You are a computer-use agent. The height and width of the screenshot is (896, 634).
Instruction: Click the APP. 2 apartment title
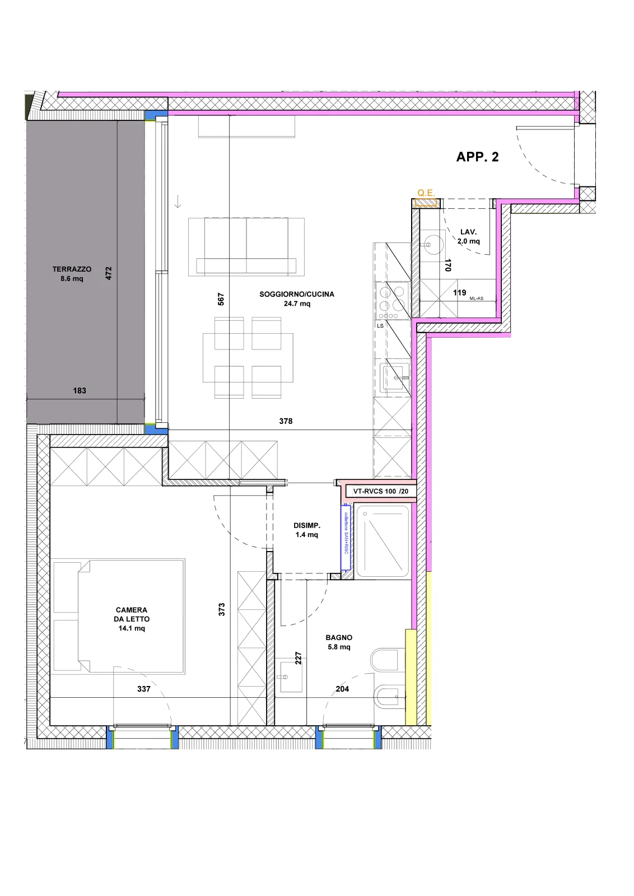pyautogui.click(x=477, y=157)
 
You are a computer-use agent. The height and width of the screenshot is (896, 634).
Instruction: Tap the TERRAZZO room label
pyautogui.click(x=72, y=269)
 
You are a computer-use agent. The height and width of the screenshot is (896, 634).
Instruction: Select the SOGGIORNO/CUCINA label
pyautogui.click(x=297, y=294)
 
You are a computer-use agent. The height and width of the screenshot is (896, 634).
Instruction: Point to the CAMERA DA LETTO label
pyautogui.click(x=132, y=614)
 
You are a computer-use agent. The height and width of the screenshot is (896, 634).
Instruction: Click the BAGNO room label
pyautogui.click(x=339, y=638)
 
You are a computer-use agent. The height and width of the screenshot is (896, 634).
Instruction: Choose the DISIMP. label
pyautogui.click(x=307, y=526)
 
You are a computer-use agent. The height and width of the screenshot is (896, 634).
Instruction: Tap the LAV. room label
pyautogui.click(x=468, y=232)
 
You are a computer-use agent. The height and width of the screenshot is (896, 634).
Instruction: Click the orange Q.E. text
pyautogui.click(x=426, y=193)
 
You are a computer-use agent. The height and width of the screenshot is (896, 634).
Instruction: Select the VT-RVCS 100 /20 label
pyautogui.click(x=380, y=491)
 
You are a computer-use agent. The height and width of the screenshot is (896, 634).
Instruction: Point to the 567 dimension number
pyautogui.click(x=221, y=299)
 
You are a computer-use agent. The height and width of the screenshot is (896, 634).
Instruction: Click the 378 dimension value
pyautogui.click(x=286, y=421)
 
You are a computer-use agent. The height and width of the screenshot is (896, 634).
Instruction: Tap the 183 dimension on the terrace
pyautogui.click(x=79, y=390)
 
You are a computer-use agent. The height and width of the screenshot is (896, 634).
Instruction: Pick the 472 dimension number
pyautogui.click(x=109, y=273)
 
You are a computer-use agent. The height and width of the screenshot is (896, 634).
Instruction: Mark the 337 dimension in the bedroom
pyautogui.click(x=143, y=689)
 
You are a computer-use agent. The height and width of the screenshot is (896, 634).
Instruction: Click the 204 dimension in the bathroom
pyautogui.click(x=342, y=689)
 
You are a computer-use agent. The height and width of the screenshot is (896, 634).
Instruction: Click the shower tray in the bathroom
pyautogui.click(x=383, y=541)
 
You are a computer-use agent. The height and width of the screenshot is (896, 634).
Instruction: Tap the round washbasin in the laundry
pyautogui.click(x=433, y=244)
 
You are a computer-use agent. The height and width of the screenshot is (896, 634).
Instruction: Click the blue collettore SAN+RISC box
pyautogui.click(x=346, y=537)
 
